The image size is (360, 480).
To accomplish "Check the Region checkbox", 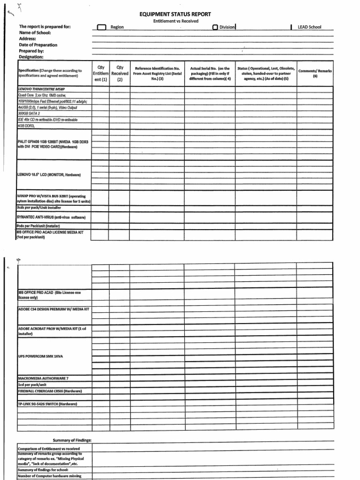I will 102,27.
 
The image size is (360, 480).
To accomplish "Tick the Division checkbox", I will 215,27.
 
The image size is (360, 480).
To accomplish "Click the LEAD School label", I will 309,27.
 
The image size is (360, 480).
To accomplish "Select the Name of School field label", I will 35,33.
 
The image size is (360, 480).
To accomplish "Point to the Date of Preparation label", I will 38,45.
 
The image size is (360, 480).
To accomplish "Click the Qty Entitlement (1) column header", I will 100,74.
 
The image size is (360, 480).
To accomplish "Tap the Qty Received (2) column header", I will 120,74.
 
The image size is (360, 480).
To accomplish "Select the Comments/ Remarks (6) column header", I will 315,73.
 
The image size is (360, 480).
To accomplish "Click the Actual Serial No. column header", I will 210,74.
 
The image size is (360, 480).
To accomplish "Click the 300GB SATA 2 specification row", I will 29,113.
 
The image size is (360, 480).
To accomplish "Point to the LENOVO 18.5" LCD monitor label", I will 49,174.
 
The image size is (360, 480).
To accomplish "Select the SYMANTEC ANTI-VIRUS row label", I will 51,217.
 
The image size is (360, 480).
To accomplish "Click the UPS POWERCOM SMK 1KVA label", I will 40,356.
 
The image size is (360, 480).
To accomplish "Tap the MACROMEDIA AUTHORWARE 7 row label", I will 44,378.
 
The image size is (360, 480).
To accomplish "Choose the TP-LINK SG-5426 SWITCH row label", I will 47,404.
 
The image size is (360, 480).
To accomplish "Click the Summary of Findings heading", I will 72,440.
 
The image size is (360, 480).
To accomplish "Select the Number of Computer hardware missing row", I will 49,476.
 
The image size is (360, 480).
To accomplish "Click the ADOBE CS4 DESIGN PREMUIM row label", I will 53,310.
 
